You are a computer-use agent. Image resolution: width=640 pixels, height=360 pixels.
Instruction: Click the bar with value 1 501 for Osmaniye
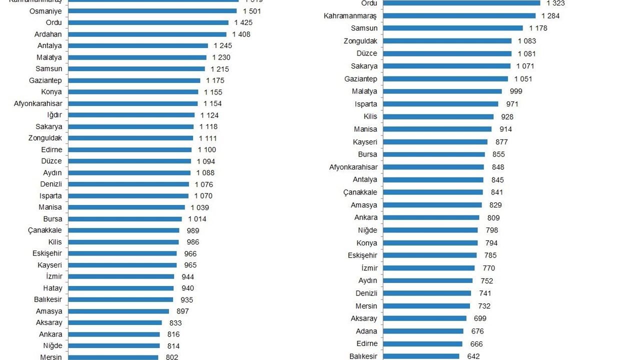[x=152, y=11]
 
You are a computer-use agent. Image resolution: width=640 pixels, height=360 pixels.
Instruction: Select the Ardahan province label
[x=48, y=34]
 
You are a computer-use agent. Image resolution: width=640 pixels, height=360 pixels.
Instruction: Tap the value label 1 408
[x=241, y=34]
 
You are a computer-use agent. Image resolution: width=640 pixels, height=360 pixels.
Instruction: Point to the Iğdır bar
[x=131, y=115]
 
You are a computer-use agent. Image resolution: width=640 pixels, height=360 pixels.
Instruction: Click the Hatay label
[x=52, y=288]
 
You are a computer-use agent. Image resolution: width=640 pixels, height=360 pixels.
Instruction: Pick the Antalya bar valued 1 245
[x=137, y=45]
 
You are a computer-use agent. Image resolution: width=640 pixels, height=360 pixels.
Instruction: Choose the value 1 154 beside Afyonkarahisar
[x=212, y=103]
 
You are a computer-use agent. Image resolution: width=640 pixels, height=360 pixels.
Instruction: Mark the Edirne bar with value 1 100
[x=129, y=149]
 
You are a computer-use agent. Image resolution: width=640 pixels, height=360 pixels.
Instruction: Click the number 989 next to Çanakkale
[x=193, y=230]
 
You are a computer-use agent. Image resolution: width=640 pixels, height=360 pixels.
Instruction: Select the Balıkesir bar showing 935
[x=120, y=299]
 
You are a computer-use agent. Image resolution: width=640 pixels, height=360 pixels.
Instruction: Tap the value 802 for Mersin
[x=172, y=357]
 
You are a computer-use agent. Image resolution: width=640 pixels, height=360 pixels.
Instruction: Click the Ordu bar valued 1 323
[x=461, y=3]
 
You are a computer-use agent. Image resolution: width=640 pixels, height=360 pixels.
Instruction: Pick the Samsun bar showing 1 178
[x=452, y=28]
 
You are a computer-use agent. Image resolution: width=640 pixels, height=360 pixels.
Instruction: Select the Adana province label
[x=366, y=331]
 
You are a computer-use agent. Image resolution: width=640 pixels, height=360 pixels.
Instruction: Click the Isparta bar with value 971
[x=440, y=104]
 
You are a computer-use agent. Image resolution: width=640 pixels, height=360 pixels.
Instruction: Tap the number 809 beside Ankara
[x=493, y=217]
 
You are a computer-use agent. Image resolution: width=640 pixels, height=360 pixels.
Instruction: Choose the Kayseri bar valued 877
[x=436, y=142]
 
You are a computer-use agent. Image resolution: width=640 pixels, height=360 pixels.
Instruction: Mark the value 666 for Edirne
[x=476, y=344]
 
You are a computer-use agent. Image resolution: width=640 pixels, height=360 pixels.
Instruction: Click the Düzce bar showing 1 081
[x=447, y=53]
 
